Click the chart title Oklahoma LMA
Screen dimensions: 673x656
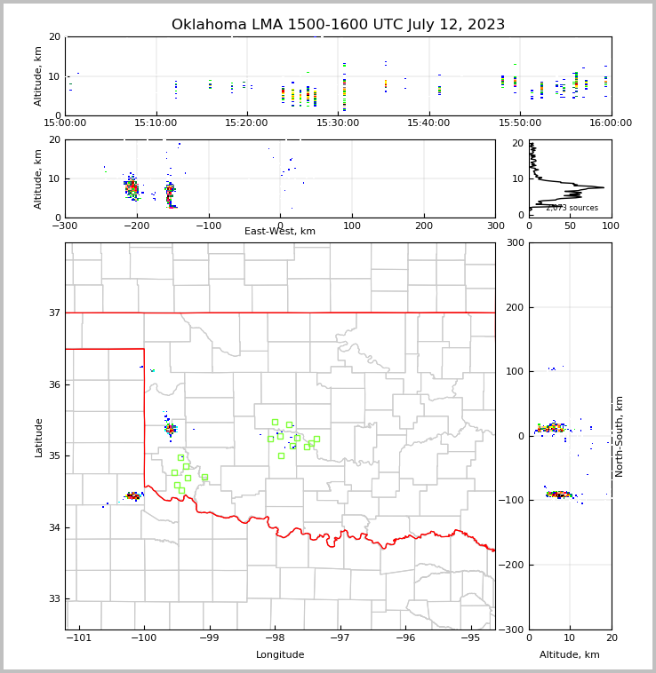point(338,25)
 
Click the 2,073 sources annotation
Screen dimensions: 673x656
point(572,208)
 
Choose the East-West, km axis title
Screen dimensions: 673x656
point(280,232)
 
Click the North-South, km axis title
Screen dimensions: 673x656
point(620,436)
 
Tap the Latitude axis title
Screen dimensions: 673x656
point(38,437)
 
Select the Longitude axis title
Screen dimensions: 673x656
point(280,655)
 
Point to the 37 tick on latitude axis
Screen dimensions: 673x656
point(55,313)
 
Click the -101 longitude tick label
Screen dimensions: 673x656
point(79,638)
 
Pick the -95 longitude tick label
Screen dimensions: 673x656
point(468,638)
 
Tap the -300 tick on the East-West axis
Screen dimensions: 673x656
point(65,226)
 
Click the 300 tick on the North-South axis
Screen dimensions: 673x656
point(513,242)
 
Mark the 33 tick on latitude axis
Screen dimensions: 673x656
point(55,599)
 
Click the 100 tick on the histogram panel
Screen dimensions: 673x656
point(611,226)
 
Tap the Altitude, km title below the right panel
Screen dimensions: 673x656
point(570,655)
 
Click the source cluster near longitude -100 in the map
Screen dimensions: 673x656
point(133,495)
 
